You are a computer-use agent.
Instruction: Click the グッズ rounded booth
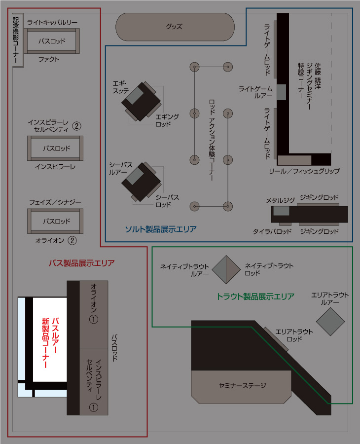(x=175, y=27)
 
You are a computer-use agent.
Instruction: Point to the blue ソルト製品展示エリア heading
(x=160, y=229)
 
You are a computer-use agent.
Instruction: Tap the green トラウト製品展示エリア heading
(x=255, y=296)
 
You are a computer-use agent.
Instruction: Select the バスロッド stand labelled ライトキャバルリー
(x=52, y=41)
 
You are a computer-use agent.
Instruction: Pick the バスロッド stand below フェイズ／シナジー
(x=55, y=222)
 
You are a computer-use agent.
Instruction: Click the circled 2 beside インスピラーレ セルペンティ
(x=76, y=125)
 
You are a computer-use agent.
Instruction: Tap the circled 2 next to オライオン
(x=72, y=241)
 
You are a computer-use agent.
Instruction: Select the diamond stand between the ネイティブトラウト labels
(x=226, y=269)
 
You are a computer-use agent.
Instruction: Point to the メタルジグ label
(x=280, y=200)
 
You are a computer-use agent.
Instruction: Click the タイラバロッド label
(x=272, y=231)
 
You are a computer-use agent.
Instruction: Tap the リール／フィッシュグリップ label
(x=304, y=171)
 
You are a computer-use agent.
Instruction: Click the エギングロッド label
(x=167, y=120)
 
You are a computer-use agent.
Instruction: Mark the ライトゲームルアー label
(x=255, y=92)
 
